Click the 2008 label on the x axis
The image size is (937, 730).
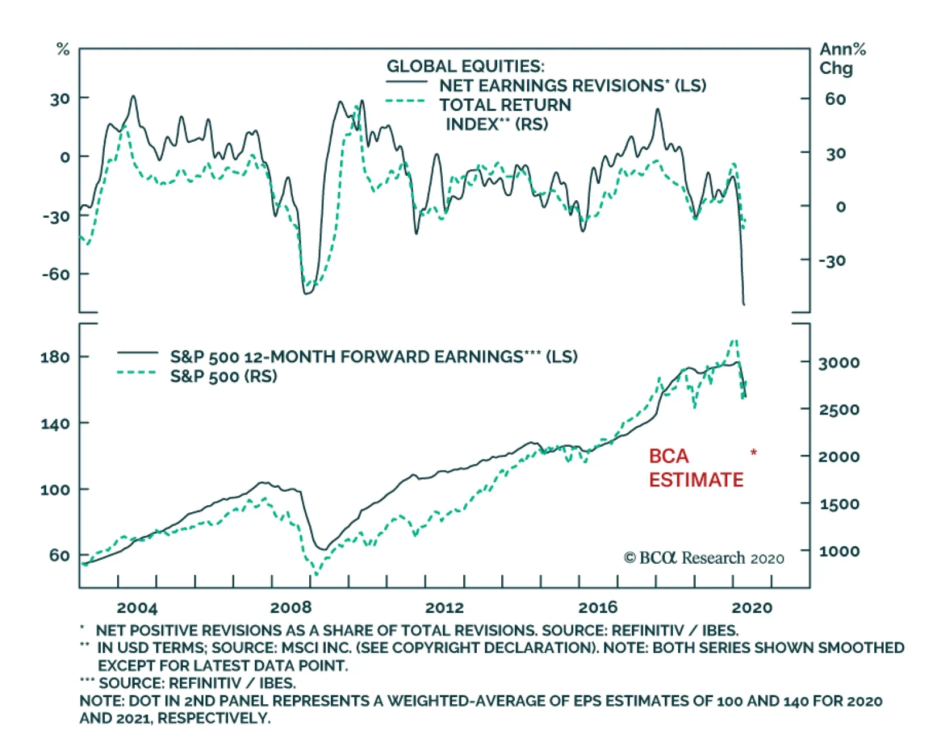(291, 608)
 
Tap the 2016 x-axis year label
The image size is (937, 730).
(598, 608)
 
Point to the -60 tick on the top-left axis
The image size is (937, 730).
(56, 274)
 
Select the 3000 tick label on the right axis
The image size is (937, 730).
(839, 363)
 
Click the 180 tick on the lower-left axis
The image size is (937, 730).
(55, 357)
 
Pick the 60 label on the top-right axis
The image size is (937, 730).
(835, 99)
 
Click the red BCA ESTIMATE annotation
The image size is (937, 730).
(696, 468)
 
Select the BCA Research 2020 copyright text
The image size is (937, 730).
(704, 558)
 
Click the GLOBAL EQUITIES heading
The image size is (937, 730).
(465, 66)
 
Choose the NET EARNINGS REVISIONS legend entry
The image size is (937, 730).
(572, 85)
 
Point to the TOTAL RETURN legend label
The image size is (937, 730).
(505, 105)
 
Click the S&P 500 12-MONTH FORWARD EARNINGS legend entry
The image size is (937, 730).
(373, 357)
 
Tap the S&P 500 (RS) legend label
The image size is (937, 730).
(223, 376)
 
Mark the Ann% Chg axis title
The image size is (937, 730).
(842, 59)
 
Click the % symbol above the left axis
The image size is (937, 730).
(63, 50)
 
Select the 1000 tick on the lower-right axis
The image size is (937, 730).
(839, 551)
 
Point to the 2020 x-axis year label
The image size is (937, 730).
(752, 608)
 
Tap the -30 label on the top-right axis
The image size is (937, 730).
(832, 261)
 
